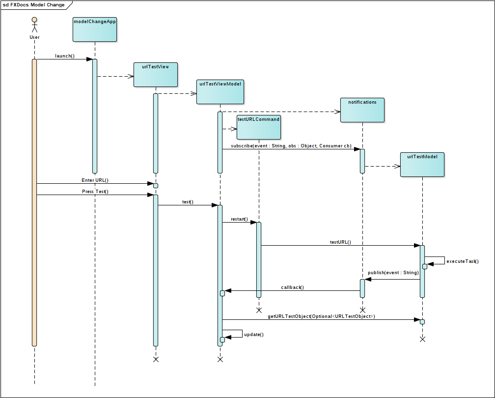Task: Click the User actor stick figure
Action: point(34,26)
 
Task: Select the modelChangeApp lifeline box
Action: point(95,29)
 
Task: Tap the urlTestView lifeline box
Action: point(155,75)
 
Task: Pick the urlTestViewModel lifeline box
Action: point(220,92)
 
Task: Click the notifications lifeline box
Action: point(362,110)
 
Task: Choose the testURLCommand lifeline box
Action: point(258,127)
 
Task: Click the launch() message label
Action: point(65,56)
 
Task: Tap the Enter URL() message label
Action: point(95,180)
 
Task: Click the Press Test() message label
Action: point(95,192)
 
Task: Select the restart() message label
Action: point(239,219)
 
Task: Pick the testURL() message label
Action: point(340,242)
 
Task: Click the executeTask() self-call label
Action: point(462,261)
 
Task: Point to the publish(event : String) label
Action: point(393,272)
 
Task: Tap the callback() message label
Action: point(292,287)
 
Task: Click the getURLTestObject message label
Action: point(321,316)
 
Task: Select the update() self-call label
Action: point(254,335)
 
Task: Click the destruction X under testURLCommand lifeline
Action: point(259,310)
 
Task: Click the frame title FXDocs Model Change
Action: point(33,4)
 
